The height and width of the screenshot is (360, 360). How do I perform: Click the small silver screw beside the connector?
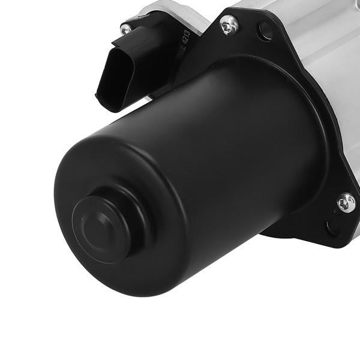tap(126, 28)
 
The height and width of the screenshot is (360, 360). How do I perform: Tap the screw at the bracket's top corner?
tap(229, 25)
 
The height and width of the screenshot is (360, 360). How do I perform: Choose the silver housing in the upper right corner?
tap(324, 36)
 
